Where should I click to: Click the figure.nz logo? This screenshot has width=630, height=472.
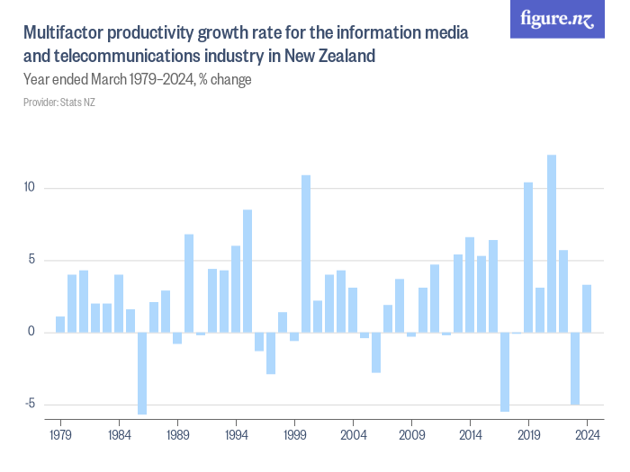coord(557,20)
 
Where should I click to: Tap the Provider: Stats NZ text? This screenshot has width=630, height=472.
coord(59,102)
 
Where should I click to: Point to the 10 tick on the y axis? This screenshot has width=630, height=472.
coord(29,188)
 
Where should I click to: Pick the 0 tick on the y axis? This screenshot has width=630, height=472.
coord(31,332)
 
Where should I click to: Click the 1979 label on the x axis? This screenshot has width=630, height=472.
coord(60,434)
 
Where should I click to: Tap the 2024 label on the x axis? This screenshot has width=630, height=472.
coord(587,434)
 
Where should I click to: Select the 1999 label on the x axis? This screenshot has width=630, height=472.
coord(294,434)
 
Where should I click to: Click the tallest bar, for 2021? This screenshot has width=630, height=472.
coord(552,244)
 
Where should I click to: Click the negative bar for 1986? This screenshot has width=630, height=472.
coord(142,373)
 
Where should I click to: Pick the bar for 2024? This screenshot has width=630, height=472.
coord(587,308)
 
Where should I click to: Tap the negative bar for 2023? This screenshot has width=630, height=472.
coord(575,368)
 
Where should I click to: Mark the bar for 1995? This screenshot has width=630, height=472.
coord(247,271)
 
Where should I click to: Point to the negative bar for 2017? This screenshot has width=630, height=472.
coord(505,371)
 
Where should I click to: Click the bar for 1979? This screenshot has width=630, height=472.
coord(60,324)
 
